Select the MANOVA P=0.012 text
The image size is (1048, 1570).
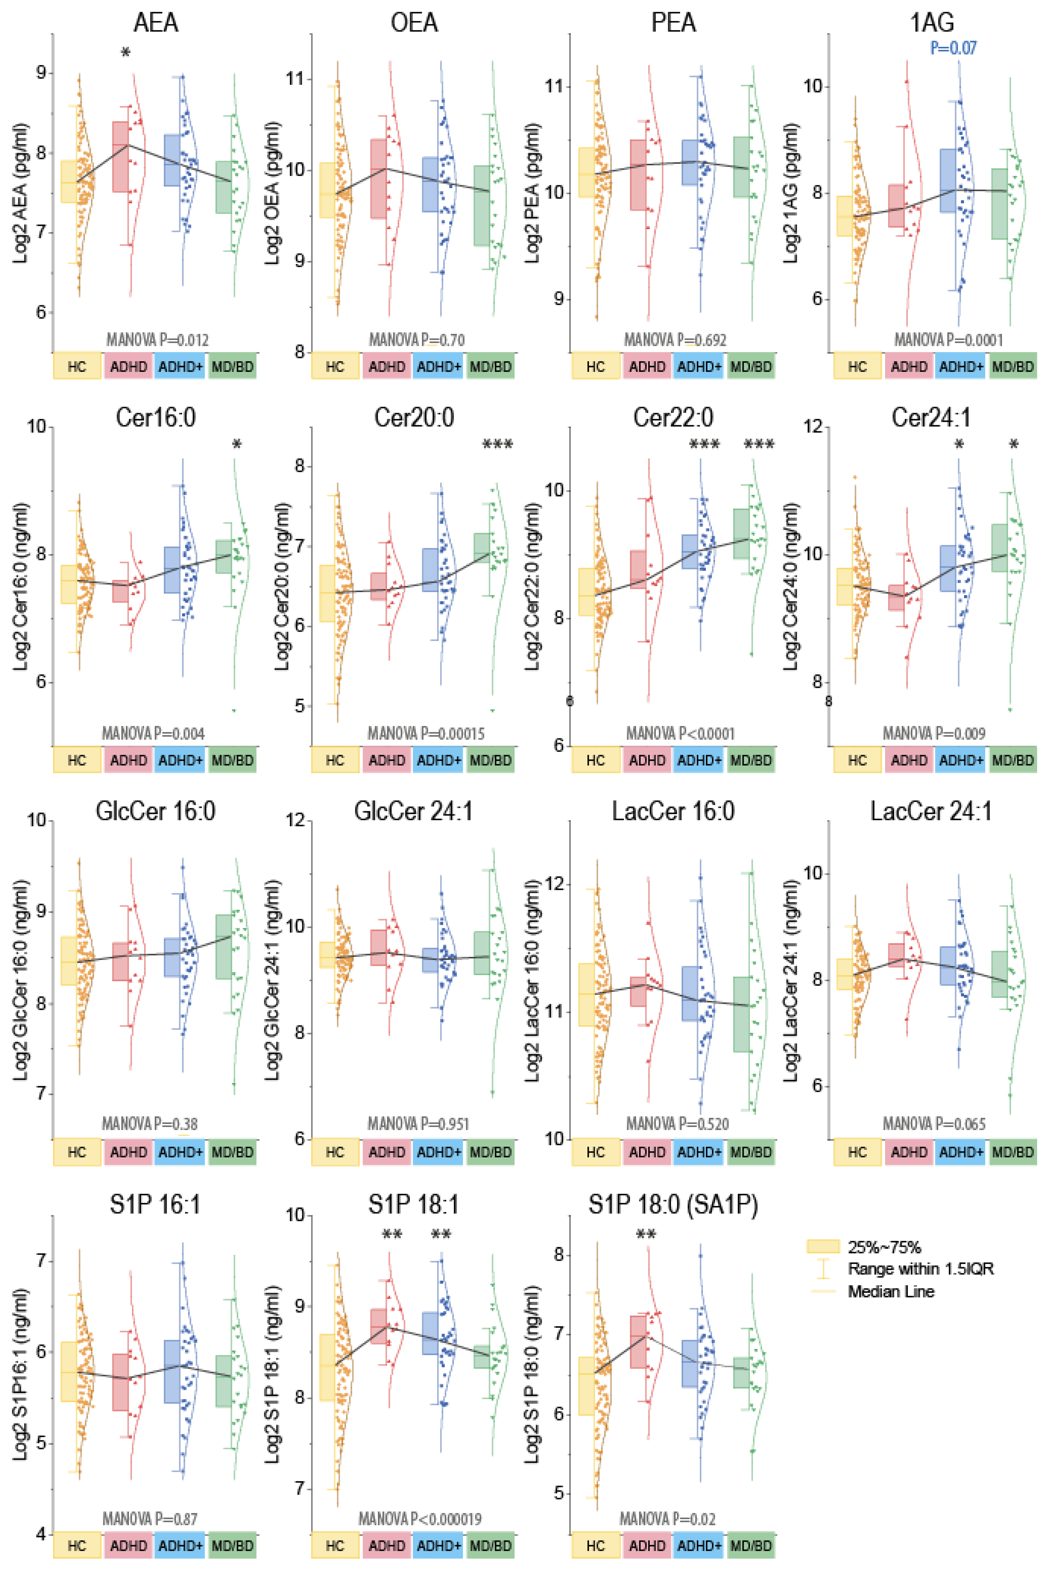click(x=157, y=340)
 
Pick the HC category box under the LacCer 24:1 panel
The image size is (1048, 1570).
click(x=857, y=1152)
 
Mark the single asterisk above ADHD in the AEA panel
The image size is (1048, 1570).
click(x=126, y=54)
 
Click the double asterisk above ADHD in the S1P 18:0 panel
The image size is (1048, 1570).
click(x=646, y=1234)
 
